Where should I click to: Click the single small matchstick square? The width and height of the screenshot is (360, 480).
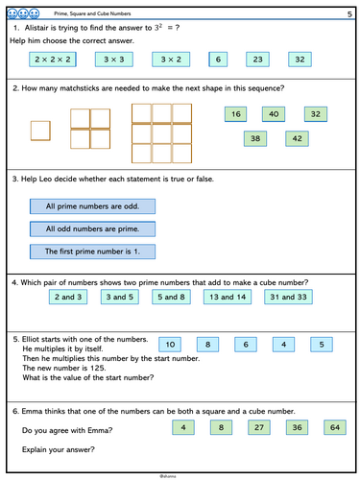coord(41,130)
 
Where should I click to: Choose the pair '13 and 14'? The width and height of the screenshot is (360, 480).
coord(228,299)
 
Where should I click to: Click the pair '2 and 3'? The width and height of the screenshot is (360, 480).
coord(68,299)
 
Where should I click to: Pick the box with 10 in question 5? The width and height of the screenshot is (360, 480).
coord(169,345)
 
